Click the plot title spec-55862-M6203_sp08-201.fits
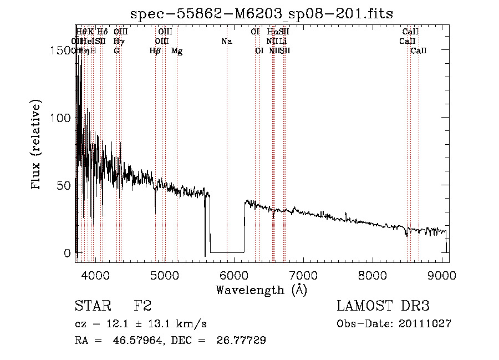tap(262, 14)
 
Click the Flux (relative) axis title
tap(37, 145)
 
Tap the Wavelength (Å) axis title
tap(261, 290)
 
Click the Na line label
tap(226, 41)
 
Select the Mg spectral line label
tap(177, 51)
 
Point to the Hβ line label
tap(155, 51)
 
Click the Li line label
tap(283, 41)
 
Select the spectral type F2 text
tap(142, 306)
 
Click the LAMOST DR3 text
tap(383, 306)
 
